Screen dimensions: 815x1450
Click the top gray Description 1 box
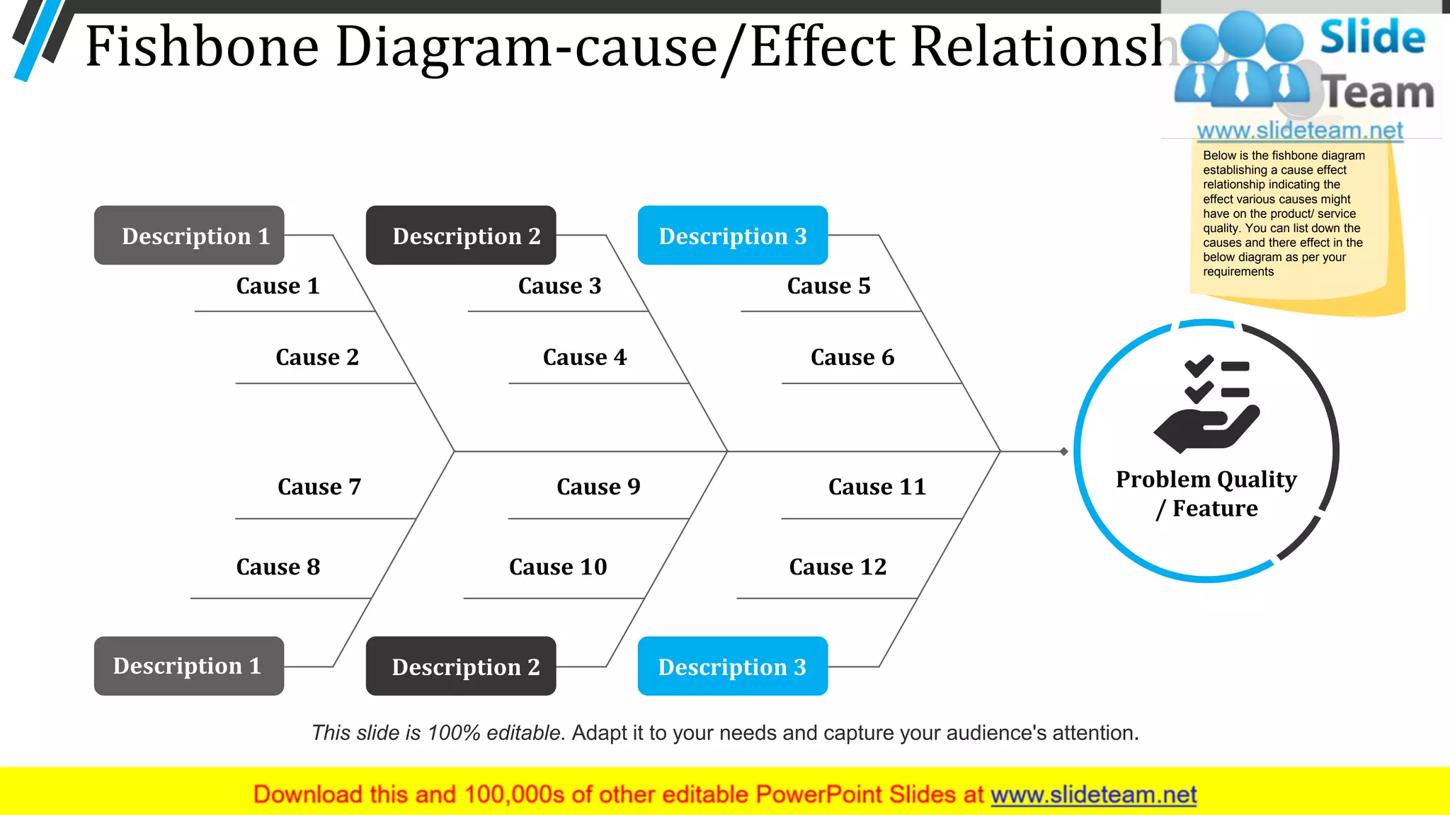(x=189, y=236)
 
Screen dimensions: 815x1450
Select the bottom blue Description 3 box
(x=732, y=666)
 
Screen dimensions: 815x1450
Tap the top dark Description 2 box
(x=461, y=236)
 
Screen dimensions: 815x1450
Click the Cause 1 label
(x=278, y=286)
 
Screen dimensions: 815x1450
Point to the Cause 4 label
(x=585, y=357)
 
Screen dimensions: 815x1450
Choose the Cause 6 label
(x=852, y=357)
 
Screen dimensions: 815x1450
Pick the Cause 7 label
(x=319, y=487)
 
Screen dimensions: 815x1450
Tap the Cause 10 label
(x=558, y=567)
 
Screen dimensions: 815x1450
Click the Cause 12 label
(x=838, y=567)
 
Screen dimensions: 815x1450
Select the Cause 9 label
(x=598, y=487)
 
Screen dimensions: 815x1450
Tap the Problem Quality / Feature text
(x=1206, y=494)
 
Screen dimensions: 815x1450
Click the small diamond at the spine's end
(x=1064, y=451)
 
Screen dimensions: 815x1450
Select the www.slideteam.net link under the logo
(x=1300, y=131)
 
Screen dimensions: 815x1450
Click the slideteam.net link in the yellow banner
(x=1093, y=795)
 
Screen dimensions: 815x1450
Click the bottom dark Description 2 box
(x=461, y=666)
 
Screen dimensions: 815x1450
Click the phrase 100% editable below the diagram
(x=496, y=733)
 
